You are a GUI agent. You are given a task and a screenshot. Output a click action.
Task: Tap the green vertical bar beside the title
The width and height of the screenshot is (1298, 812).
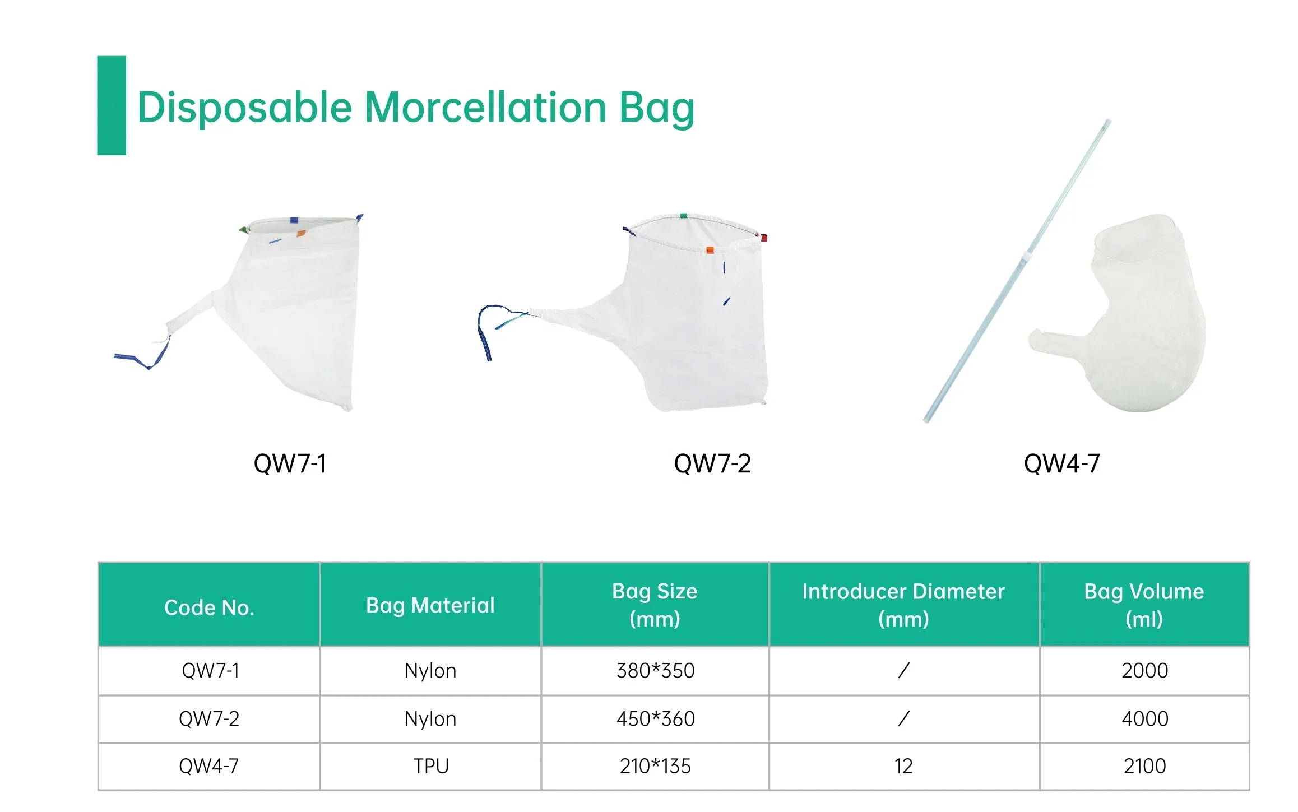pos(112,105)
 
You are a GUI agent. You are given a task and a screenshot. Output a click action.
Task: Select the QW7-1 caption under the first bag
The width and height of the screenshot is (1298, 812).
pos(290,463)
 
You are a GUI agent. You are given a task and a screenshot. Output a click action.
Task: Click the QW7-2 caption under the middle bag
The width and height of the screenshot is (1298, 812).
pos(712,463)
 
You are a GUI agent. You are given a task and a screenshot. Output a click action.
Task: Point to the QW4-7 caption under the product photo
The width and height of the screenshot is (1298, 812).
pos(1061,463)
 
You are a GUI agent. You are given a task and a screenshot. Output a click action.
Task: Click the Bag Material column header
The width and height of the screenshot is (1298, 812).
pos(430,605)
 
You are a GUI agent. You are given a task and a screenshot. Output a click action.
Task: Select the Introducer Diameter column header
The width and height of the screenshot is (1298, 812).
pos(903,605)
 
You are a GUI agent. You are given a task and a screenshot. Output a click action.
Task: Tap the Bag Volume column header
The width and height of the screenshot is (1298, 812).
pos(1144,605)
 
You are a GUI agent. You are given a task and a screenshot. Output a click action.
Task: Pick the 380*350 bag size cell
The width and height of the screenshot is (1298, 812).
pos(655,671)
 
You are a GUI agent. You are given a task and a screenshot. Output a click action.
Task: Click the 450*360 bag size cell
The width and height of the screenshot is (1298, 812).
pos(655,719)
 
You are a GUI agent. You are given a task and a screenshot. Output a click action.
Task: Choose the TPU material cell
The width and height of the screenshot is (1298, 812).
pos(431,766)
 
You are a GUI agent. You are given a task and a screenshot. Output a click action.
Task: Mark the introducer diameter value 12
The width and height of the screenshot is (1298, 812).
pos(903,766)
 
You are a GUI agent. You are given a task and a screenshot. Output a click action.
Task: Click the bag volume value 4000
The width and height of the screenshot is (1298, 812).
pos(1144,719)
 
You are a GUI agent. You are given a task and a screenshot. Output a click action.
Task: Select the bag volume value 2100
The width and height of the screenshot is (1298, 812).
pos(1144,766)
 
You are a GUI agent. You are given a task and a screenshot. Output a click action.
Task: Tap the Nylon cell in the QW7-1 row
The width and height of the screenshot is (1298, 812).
pos(430,671)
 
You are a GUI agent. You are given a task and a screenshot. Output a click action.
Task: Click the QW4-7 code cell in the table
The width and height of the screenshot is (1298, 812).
pos(208,766)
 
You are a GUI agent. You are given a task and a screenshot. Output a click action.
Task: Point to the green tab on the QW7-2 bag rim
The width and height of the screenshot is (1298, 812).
pos(683,216)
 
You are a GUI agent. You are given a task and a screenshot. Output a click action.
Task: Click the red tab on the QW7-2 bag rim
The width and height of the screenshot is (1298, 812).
pos(763,238)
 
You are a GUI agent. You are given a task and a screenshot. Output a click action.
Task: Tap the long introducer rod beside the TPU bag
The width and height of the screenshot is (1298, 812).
pos(1017,271)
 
